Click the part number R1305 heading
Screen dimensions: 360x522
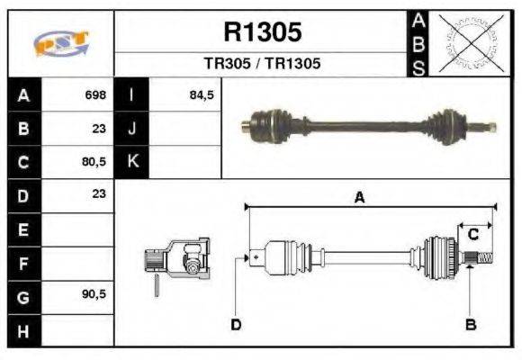tap(262, 32)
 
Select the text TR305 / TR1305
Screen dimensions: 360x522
tap(262, 65)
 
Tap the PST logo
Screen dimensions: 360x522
tap(61, 43)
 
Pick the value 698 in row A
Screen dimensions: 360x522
tap(95, 94)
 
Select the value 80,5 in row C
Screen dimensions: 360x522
tap(94, 162)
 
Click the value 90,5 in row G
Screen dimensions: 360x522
tap(94, 294)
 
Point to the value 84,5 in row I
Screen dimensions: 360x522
tap(202, 94)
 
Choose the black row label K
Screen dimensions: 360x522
tap(133, 162)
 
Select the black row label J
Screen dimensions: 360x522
tap(133, 128)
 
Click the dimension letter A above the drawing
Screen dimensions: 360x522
tap(359, 199)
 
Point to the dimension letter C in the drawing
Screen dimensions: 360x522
tap(472, 235)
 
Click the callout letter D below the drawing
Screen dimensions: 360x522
tap(236, 324)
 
